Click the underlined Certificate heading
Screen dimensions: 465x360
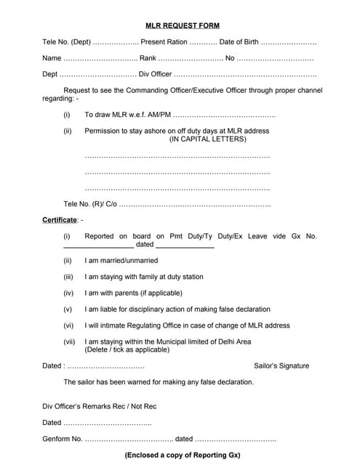[60, 219]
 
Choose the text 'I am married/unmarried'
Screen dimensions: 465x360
[121, 260]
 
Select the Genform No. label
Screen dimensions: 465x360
[63, 439]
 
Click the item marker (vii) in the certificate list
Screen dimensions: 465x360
[69, 341]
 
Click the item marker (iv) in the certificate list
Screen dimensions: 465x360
[68, 293]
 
